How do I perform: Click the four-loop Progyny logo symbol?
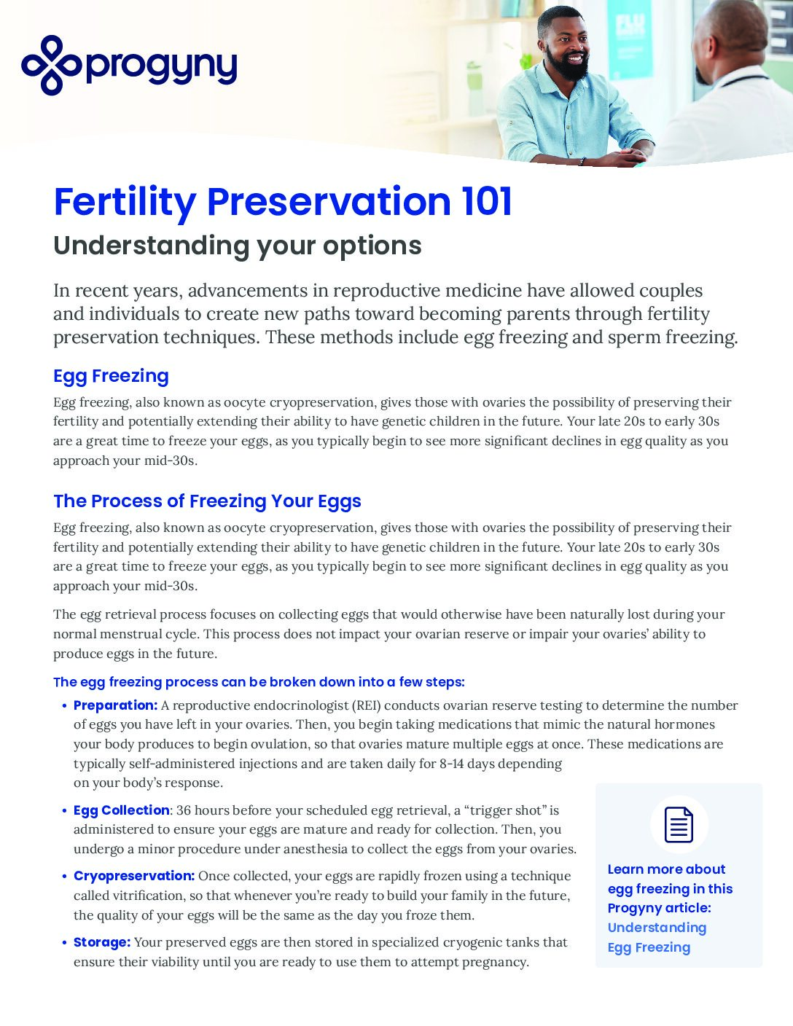51,66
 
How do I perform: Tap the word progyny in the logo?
161,67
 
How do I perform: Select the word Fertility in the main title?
125,202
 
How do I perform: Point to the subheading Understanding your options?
237,246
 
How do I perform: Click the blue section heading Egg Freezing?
111,376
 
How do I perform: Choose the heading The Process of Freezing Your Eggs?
207,501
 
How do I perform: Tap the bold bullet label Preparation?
115,705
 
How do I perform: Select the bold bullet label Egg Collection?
121,810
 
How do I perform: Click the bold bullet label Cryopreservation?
133,876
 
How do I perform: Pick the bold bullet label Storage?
102,942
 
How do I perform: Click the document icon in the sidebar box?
679,825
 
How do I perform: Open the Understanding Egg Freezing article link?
656,937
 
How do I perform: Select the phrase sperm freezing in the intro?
672,337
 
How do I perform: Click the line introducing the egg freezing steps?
259,682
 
